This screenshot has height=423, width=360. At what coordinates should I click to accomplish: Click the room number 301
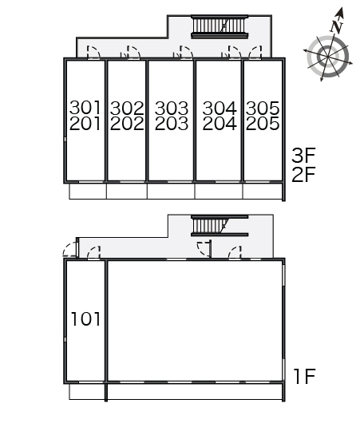pyautogui.click(x=85, y=108)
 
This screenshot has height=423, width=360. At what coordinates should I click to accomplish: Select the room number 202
pyautogui.click(x=127, y=124)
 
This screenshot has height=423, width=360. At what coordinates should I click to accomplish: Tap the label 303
pyautogui.click(x=172, y=108)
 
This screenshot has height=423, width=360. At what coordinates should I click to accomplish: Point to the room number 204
pyautogui.click(x=220, y=124)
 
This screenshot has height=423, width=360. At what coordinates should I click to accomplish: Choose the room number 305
pyautogui.click(x=263, y=108)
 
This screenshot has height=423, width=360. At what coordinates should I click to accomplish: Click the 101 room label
pyautogui.click(x=85, y=318)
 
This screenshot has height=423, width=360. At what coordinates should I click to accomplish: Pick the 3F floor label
pyautogui.click(x=303, y=155)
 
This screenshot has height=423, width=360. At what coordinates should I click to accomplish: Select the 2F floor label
pyautogui.click(x=303, y=174)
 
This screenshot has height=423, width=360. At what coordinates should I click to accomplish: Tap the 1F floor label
pyautogui.click(x=305, y=377)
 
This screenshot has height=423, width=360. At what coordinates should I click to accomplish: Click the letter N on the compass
pyautogui.click(x=337, y=26)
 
